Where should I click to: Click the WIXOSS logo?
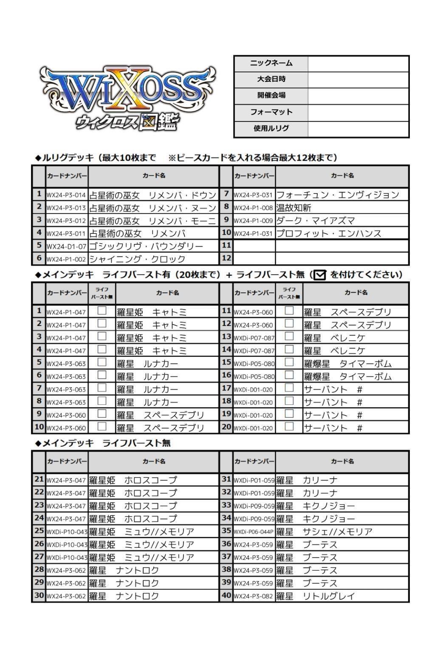pos(127,98)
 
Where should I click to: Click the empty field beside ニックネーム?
pos(358,64)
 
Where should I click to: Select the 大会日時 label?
pos(271,79)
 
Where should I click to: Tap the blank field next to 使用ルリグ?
pos(358,129)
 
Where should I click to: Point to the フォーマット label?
pos(271,112)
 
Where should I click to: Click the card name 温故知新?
pos(294,208)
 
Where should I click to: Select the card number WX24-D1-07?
pos(66,247)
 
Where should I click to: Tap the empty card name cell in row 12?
pos(342,258)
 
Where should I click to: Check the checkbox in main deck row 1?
pos(102,311)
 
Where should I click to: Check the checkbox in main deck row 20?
pos(289,427)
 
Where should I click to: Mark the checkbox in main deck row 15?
pos(289,362)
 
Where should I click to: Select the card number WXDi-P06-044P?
pos(254,532)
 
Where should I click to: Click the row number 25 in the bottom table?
pos(39,531)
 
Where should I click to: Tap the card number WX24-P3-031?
pos(254,195)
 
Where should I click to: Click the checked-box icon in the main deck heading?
pos(319,275)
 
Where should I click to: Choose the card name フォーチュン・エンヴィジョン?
pos(338,195)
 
